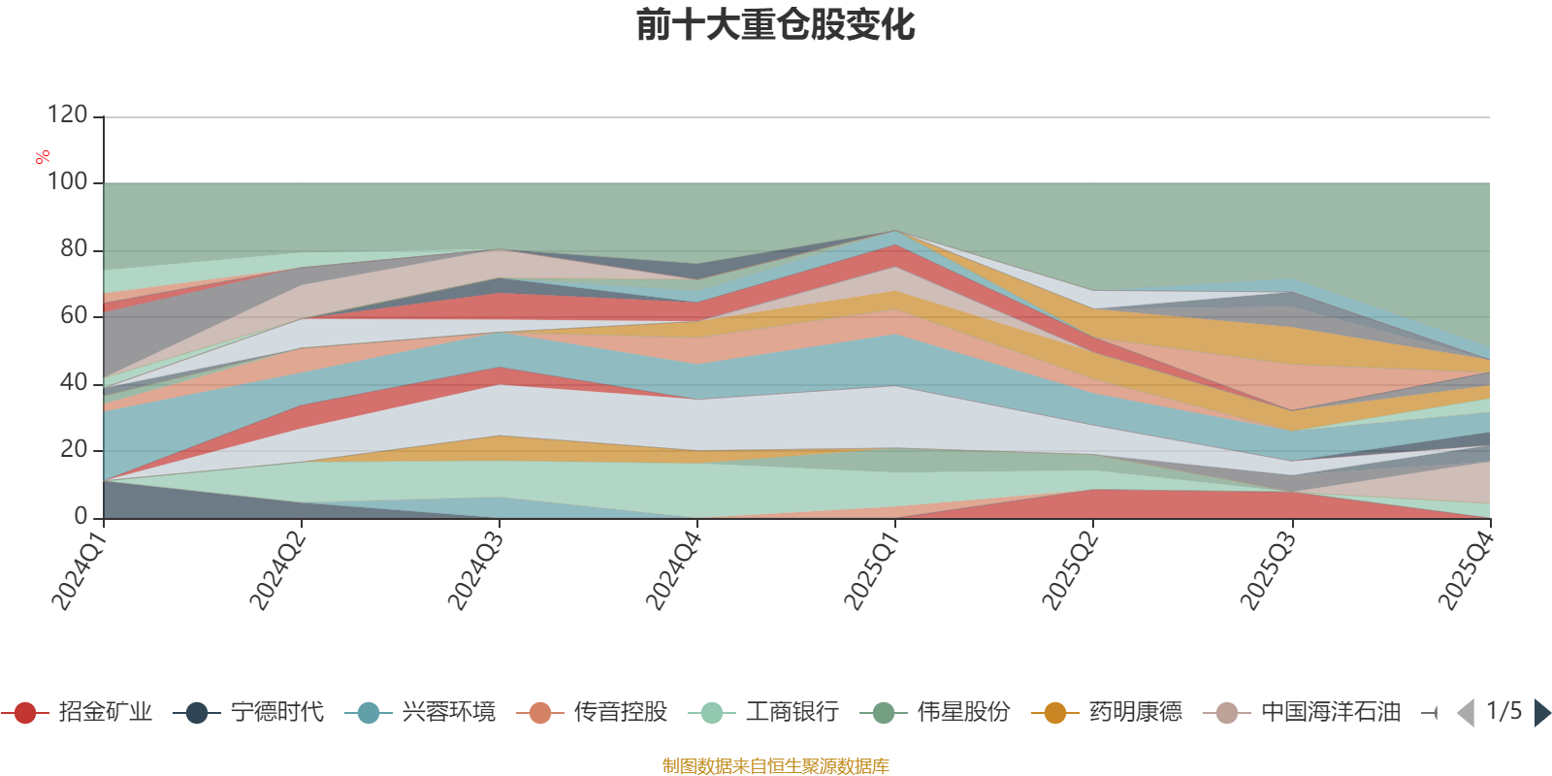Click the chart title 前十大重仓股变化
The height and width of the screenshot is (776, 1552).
tap(776, 25)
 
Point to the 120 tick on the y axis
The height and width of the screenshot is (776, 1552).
tap(67, 115)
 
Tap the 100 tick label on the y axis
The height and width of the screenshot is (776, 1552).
tap(67, 182)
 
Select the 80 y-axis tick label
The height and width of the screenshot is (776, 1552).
tap(73, 249)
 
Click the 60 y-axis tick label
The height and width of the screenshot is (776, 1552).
tap(73, 316)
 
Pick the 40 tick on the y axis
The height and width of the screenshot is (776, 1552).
tap(73, 383)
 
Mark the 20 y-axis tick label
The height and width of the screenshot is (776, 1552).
tap(73, 450)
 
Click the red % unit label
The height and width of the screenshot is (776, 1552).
tap(43, 156)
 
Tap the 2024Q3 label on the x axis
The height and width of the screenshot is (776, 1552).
tap(474, 571)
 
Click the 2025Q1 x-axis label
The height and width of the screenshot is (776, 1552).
tap(870, 571)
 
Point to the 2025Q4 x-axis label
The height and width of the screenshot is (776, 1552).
tap(1464, 571)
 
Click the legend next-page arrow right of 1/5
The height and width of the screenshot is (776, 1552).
tap(1541, 713)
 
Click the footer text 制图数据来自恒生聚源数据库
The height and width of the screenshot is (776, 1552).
tap(776, 766)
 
